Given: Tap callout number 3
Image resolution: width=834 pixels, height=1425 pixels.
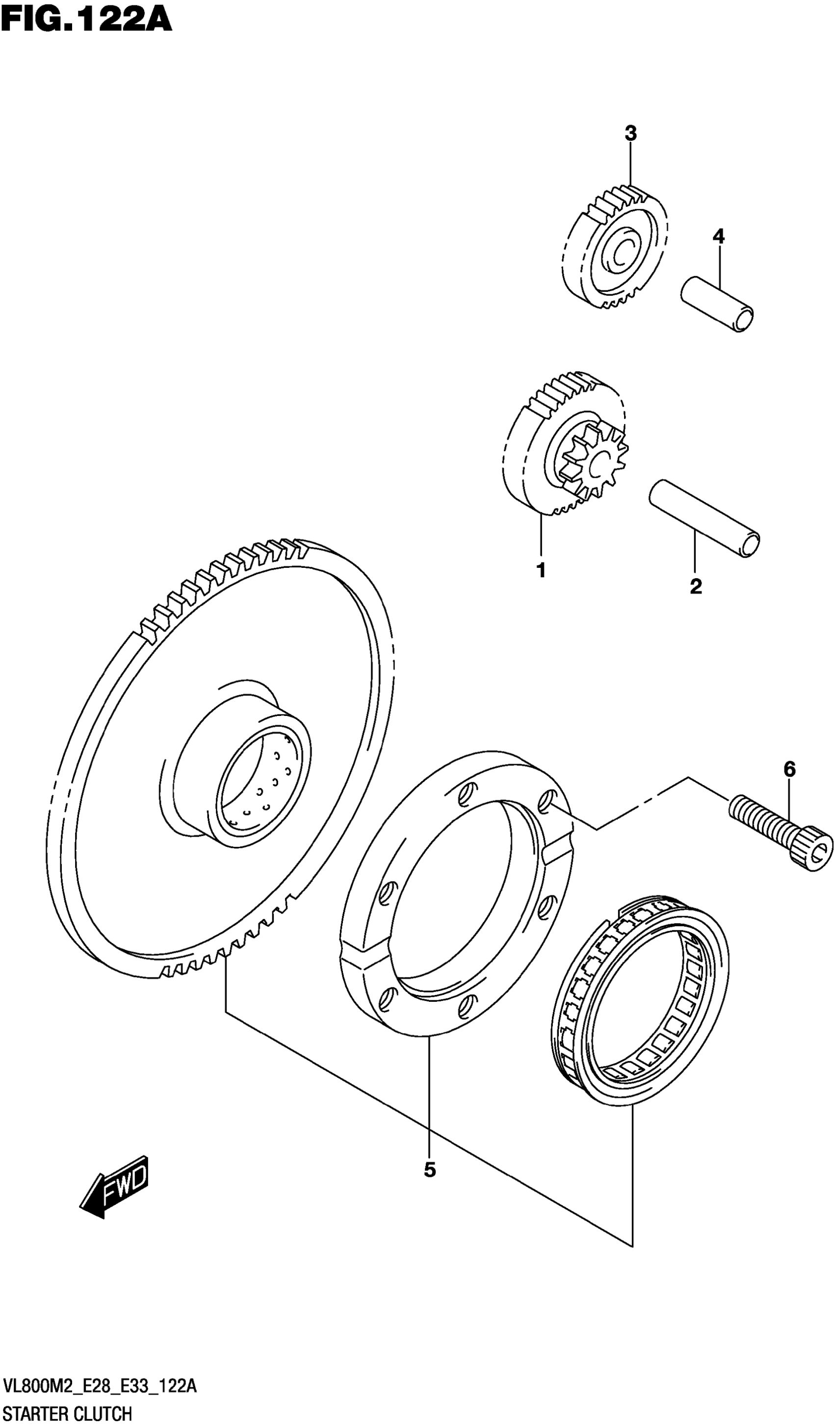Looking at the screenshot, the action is [x=630, y=134].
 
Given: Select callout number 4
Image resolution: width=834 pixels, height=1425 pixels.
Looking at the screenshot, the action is [x=718, y=236].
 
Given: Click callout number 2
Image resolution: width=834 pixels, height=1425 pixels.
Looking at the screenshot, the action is [x=695, y=586].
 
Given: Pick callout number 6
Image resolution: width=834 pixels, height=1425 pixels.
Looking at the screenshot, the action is [x=789, y=769].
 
